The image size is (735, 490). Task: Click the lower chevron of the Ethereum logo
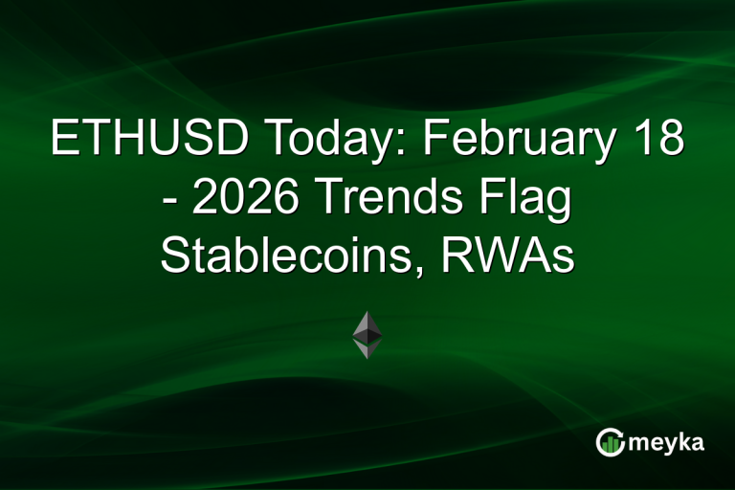367,349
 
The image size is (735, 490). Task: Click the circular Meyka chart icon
610,440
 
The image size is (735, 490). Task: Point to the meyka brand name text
666,441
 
